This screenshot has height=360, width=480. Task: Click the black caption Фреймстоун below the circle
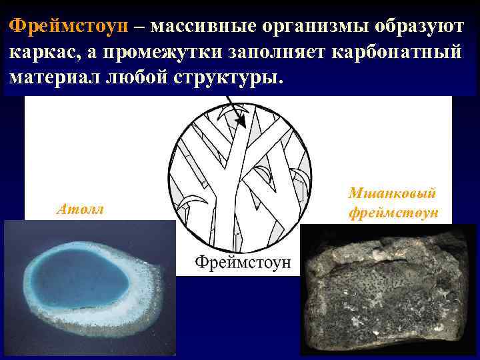point(243,261)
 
